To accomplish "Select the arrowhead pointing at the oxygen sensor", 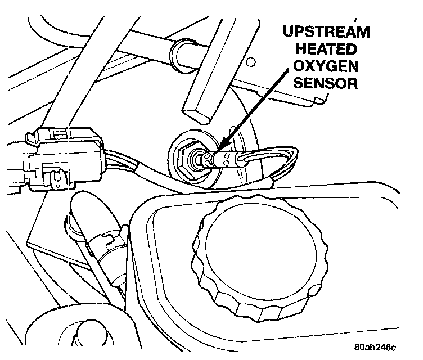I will pos(221,147).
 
